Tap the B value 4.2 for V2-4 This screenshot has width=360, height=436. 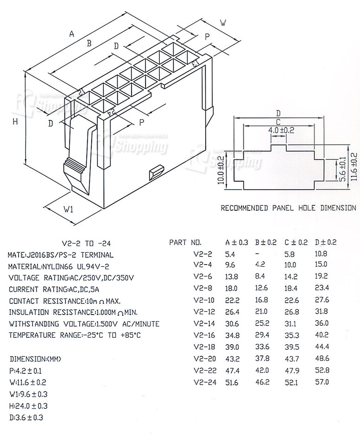point(259,265)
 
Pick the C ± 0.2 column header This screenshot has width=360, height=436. point(296,242)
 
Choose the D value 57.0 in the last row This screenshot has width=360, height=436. point(322,382)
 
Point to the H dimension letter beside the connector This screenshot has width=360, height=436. point(15,121)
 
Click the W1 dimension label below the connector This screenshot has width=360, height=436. point(68,209)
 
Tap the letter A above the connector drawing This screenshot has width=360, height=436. point(71,33)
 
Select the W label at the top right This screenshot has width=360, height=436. point(223,22)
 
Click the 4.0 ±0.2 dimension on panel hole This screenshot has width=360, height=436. point(281,130)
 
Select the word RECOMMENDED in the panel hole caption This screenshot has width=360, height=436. point(244,208)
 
